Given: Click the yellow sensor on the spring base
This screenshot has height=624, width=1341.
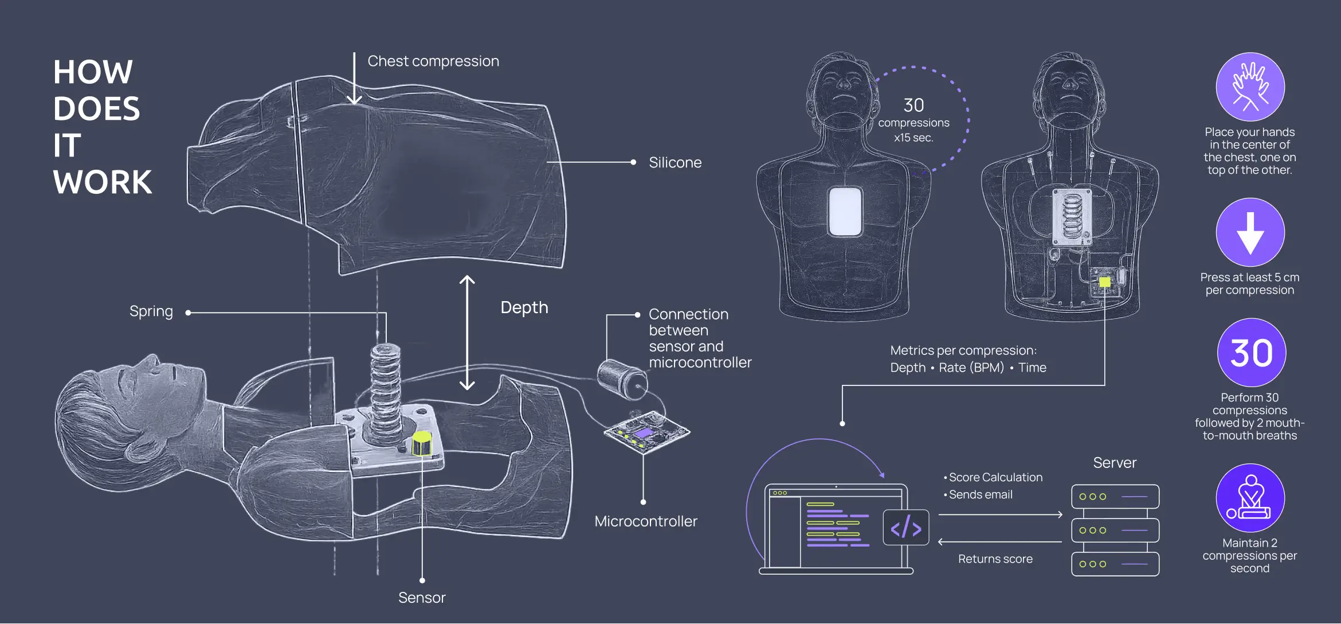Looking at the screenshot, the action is coord(422,443).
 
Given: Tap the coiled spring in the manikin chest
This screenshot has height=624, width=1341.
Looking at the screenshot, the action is coord(385,390).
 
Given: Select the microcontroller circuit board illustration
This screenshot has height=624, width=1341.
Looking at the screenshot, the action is coord(646,431).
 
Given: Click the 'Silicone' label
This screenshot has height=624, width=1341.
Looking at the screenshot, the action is coord(675,163).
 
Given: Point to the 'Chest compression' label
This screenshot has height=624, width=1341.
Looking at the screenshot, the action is coord(433,61).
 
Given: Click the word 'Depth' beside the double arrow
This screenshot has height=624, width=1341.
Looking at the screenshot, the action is coord(524,308).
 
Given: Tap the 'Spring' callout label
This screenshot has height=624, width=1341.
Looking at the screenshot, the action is coord(151,311).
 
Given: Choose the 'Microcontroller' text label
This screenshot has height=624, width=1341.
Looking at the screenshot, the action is coord(646,521).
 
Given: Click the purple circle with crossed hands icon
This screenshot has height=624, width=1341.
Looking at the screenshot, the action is coord(1250,87).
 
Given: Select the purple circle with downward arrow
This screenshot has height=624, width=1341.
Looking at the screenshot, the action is coord(1250,232).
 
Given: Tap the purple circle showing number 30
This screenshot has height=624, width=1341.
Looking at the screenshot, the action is coord(1252,352).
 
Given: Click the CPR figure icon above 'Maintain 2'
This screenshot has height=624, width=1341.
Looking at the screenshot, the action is coord(1250,498).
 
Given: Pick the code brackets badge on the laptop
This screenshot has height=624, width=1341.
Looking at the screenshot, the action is coord(906,528).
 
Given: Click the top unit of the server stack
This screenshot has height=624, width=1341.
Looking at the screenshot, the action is coord(1115,497).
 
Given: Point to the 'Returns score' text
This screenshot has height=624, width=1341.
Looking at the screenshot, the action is coord(995,559).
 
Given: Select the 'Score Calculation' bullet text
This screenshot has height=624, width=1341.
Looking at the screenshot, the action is coord(993,477).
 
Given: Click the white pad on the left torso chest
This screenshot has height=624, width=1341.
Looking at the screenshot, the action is coord(845,212).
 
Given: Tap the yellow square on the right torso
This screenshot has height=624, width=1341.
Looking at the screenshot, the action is coord(1105,282).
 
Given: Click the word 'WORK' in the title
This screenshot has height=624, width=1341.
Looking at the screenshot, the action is coord(103,182).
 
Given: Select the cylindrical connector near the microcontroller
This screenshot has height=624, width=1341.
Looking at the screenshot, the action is coord(622,379).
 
